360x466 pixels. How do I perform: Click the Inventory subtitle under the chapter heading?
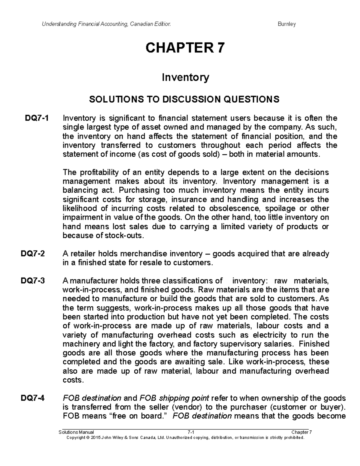point(185,78)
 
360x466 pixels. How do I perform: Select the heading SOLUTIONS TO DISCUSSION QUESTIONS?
point(184,99)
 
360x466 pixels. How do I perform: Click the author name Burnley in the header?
point(287,24)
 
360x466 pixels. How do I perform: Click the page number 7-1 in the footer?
point(191,432)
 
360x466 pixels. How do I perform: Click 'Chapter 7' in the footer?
point(301,432)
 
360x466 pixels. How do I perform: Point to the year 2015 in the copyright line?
point(96,437)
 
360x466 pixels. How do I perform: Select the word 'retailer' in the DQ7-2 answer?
point(85,254)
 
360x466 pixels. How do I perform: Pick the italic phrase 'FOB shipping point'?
point(174,398)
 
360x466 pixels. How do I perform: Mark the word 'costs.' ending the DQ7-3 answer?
point(72,380)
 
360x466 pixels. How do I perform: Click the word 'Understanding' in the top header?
point(55,24)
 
